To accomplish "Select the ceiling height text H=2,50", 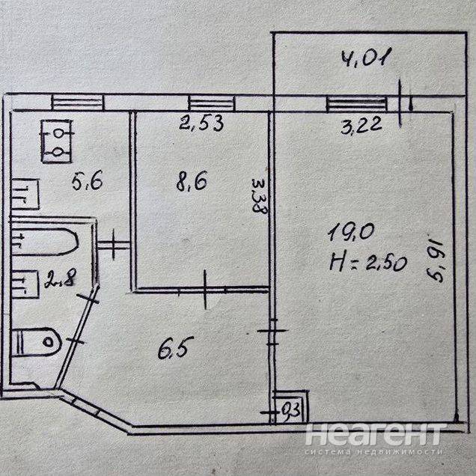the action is pyautogui.click(x=367, y=263).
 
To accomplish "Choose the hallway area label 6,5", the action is pyautogui.click(x=174, y=348).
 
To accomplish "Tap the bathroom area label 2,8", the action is pyautogui.click(x=60, y=281).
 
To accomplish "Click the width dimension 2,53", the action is pyautogui.click(x=201, y=123).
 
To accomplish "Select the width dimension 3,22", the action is pyautogui.click(x=361, y=125).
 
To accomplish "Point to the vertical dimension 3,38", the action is pyautogui.click(x=260, y=196).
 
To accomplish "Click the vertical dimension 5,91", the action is pyautogui.click(x=435, y=258).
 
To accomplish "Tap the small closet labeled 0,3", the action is pyautogui.click(x=290, y=406).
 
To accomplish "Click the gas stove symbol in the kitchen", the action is pyautogui.click(x=57, y=141).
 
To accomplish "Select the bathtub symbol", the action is pyautogui.click(x=45, y=242).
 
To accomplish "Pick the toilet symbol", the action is pyautogui.click(x=37, y=342).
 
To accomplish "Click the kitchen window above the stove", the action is pyautogui.click(x=77, y=103).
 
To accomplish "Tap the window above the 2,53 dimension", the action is pyautogui.click(x=212, y=103).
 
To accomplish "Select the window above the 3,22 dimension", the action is pyautogui.click(x=357, y=104).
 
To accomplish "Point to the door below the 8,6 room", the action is pyautogui.click(x=206, y=290).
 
